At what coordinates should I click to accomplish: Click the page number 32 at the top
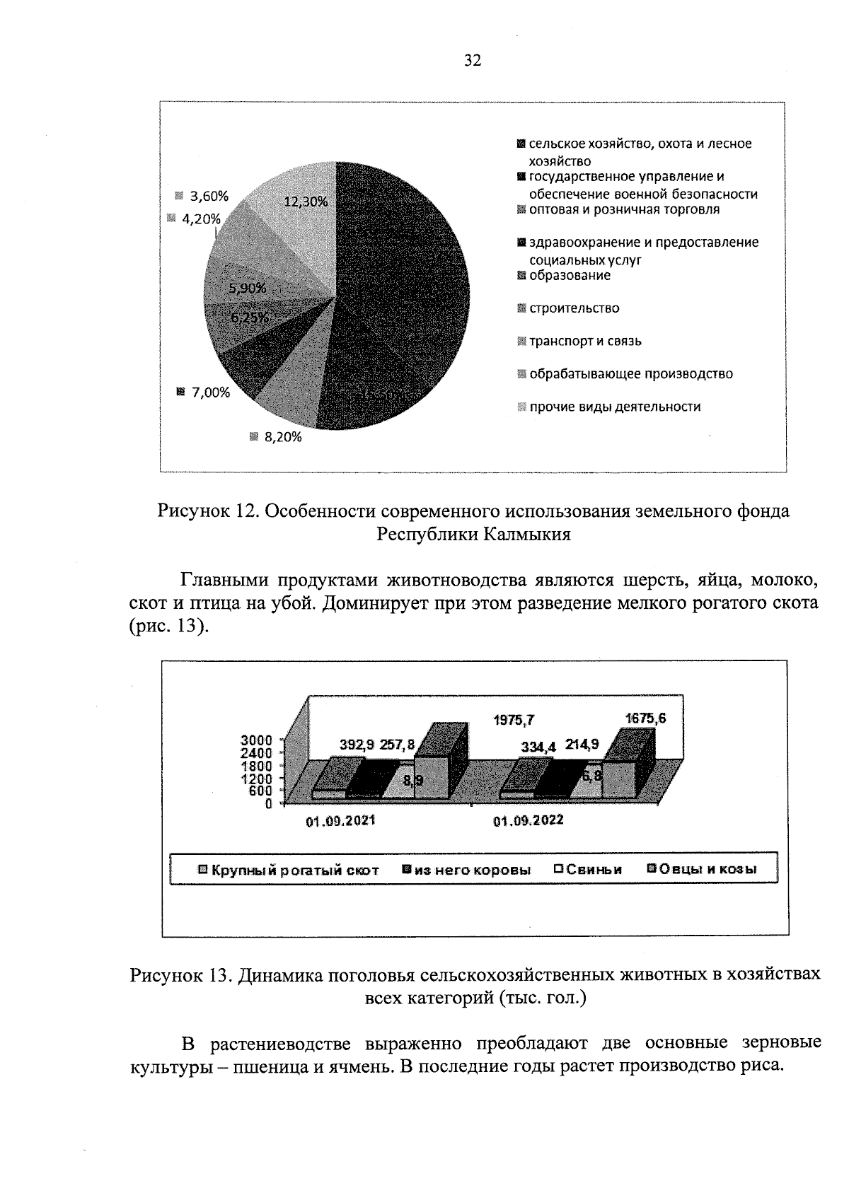point(473,61)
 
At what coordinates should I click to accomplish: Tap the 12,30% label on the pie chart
point(306,202)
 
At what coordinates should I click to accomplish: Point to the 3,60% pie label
point(209,197)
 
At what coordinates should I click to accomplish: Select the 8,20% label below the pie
point(282,438)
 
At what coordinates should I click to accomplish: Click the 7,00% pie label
point(211,392)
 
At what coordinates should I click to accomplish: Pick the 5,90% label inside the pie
point(247,288)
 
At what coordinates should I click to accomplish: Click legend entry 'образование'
point(570,276)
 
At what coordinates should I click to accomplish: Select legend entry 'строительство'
point(574,308)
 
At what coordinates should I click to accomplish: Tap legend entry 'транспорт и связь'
point(585,342)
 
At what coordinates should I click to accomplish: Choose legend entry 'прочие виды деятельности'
point(615,407)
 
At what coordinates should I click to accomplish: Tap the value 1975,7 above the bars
point(514,721)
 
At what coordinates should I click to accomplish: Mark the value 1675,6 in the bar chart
point(645,718)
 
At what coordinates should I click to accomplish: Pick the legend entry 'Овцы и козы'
point(707,869)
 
